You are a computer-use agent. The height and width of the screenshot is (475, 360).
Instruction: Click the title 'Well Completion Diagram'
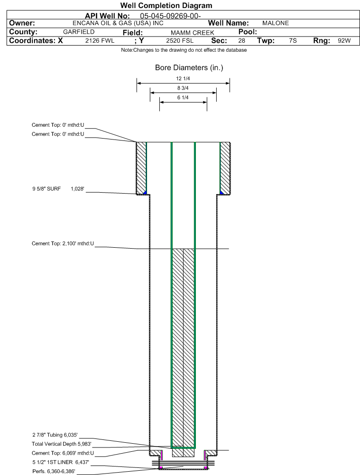(x=166, y=5)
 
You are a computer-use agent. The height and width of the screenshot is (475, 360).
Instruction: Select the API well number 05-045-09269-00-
(x=170, y=16)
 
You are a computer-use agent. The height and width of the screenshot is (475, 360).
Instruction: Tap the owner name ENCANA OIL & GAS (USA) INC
(x=118, y=23)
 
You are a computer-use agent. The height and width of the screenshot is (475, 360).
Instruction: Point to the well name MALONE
(x=276, y=23)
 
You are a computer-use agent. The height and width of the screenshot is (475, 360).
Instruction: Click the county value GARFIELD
(x=79, y=32)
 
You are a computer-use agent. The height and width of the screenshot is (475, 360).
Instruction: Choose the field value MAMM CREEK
(x=192, y=33)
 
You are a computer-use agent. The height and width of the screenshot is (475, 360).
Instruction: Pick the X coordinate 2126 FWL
(x=100, y=41)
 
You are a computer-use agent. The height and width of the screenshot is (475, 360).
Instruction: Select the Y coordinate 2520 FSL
(x=180, y=41)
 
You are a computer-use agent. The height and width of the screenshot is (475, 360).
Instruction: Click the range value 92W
(x=344, y=41)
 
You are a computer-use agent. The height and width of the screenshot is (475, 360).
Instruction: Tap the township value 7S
(x=293, y=41)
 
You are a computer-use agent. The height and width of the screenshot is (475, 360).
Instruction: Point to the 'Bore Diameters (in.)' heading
(x=189, y=67)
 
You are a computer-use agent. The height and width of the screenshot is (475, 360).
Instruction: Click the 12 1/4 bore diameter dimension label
(x=183, y=78)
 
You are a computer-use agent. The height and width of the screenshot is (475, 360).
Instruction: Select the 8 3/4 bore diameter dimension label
(x=183, y=88)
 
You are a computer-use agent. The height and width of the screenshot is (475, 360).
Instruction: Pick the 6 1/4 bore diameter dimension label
(x=183, y=97)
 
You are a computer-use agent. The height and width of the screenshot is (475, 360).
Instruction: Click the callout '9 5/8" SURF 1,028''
(x=58, y=189)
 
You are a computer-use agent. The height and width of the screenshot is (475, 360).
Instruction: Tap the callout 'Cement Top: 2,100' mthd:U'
(x=63, y=243)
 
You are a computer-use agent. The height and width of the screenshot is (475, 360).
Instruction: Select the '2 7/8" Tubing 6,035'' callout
(x=55, y=435)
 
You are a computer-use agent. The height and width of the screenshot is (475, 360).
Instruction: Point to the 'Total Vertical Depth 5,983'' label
(x=62, y=444)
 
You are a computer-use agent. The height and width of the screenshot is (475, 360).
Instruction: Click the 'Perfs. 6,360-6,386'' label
(x=54, y=471)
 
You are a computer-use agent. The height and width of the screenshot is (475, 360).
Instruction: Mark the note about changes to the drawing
(x=184, y=50)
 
